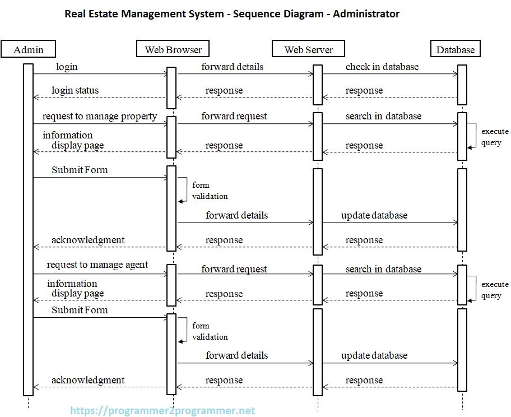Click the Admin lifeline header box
pos(29,49)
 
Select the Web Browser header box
pos(173,49)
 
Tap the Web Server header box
pos(308,49)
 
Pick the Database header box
pos(455,49)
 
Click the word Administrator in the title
pos(366,13)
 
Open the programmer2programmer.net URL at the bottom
pos(162,411)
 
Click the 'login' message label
pos(67,67)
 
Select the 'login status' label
pos(75,90)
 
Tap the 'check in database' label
pos(382,67)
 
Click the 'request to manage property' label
pos(100,116)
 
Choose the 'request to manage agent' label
pos(97,265)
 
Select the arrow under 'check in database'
pos(389,73)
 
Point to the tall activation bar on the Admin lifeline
pos(28,224)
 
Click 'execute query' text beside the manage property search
pos(494,137)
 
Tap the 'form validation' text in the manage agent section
pos(210,331)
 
